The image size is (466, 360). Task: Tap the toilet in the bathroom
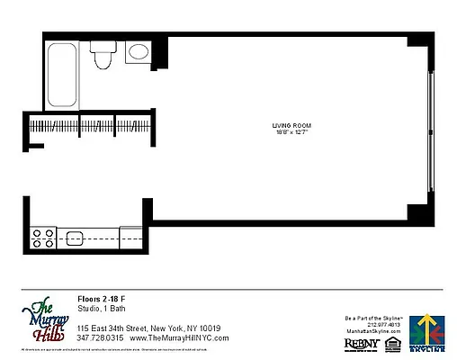point(101,56)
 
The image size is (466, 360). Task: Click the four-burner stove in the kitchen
point(43,238)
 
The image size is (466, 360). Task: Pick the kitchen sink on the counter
point(75,238)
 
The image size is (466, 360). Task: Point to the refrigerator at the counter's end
point(130,237)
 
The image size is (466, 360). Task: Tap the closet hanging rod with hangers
point(85,125)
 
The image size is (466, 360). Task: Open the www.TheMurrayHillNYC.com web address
point(180,337)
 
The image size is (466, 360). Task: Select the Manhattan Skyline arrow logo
point(426,328)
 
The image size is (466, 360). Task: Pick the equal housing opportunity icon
point(390,341)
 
